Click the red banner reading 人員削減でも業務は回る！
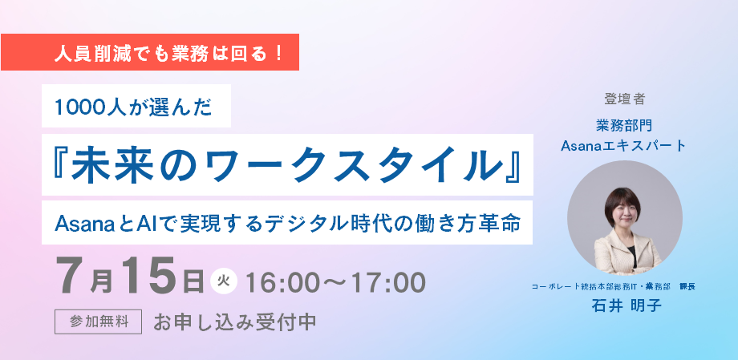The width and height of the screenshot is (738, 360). click(150, 52)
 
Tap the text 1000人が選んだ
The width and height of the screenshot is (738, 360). click(134, 107)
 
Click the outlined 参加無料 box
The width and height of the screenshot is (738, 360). click(99, 322)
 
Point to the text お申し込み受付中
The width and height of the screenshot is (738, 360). click(234, 322)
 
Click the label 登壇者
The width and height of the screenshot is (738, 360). click(624, 99)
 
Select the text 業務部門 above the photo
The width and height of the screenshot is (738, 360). click(624, 125)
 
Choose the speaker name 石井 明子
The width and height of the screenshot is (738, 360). click(626, 306)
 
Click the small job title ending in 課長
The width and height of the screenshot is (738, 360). click(614, 286)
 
